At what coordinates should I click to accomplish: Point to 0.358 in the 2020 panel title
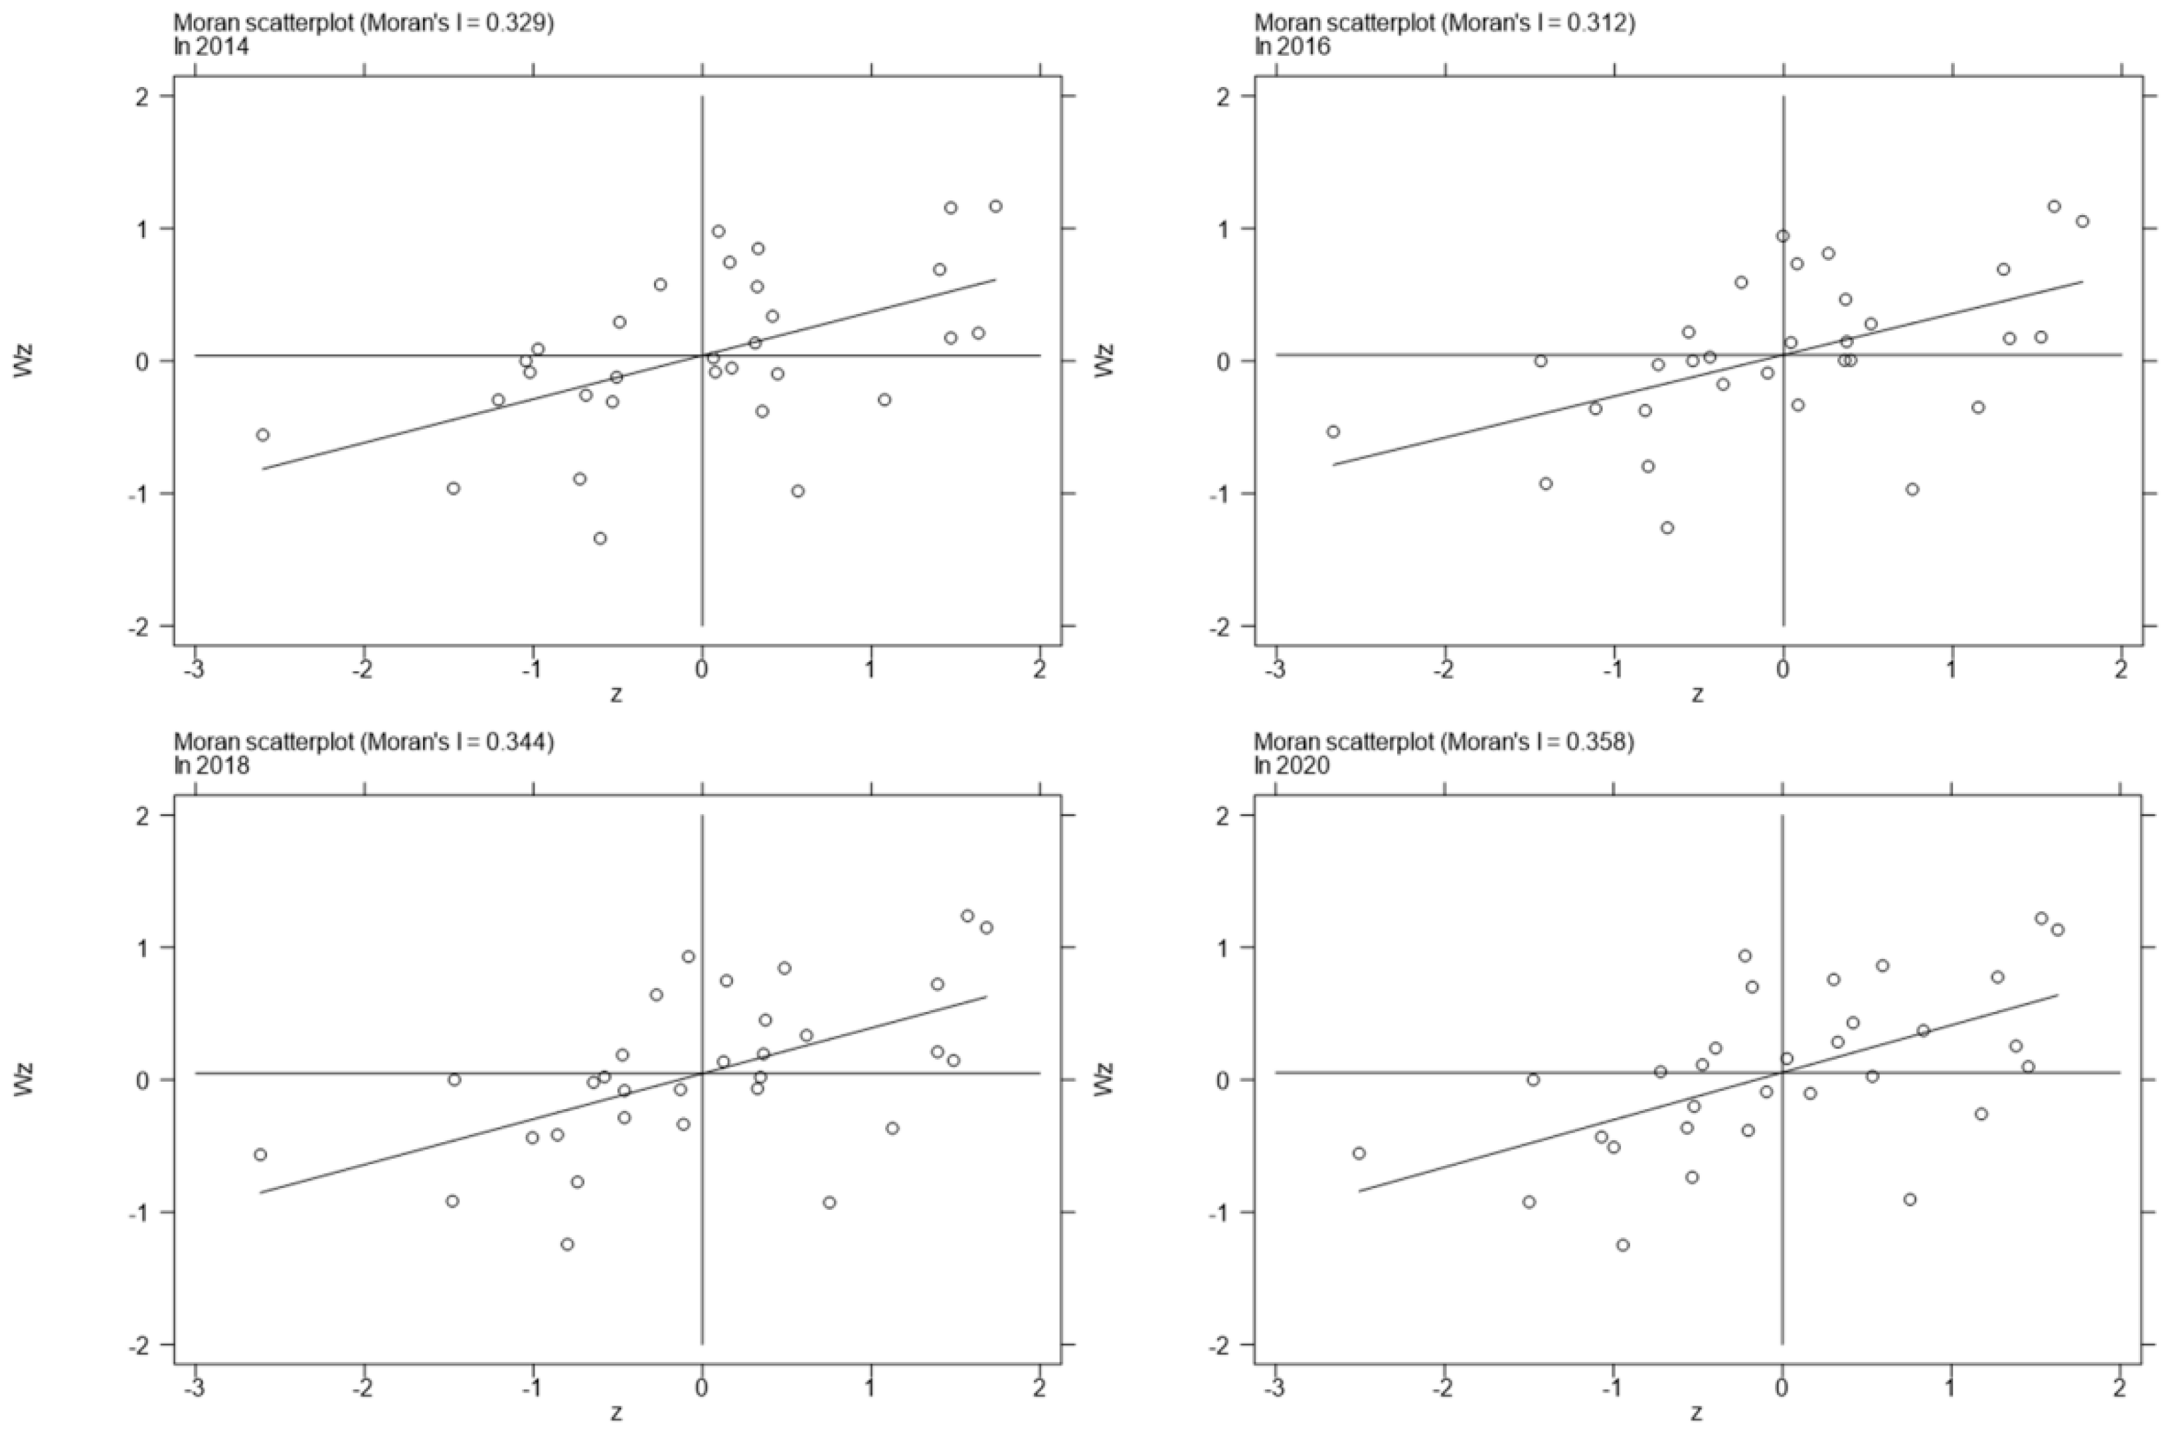point(1600,742)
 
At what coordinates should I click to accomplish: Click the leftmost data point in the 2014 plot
point(263,435)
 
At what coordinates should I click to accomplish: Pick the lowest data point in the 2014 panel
point(600,538)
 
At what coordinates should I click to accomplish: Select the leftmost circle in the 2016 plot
point(1333,431)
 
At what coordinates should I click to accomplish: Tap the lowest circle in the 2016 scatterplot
point(1667,527)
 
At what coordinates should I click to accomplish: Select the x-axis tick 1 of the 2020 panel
point(1951,1387)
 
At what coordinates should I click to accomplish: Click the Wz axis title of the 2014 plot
point(24,360)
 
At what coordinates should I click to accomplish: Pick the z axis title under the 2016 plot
point(1697,695)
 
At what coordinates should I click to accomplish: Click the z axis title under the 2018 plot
point(617,1413)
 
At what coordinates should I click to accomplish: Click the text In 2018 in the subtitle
point(211,765)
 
